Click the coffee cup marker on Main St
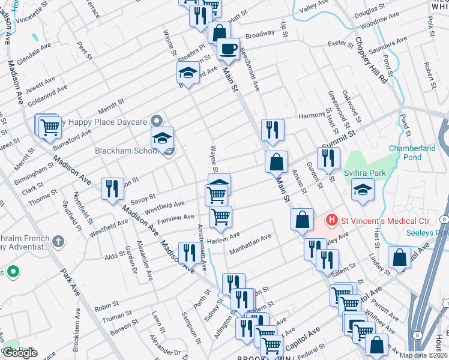coord(228,49)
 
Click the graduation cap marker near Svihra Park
coord(362,191)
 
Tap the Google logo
coord(20,353)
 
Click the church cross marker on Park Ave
coord(58,242)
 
